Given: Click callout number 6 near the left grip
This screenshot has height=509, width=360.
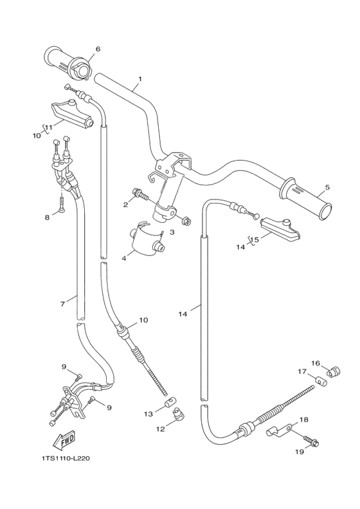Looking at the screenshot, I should click(98, 49).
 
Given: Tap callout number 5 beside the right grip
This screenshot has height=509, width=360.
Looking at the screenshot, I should click(327, 187).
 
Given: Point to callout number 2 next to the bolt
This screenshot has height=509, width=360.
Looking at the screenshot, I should click(126, 205).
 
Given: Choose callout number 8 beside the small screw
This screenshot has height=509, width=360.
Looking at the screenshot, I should click(47, 217).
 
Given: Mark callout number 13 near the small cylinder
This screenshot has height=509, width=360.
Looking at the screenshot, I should click(148, 414).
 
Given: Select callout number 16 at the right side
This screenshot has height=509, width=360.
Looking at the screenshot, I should click(316, 363).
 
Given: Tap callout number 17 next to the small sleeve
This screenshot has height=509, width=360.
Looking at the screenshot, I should click(302, 371).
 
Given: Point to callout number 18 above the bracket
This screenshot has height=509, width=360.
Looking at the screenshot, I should click(304, 419).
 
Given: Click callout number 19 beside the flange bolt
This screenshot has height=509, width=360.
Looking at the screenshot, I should click(299, 452).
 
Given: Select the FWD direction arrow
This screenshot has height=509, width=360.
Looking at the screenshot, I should click(65, 441).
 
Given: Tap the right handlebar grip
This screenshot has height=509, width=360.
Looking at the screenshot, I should click(305, 199).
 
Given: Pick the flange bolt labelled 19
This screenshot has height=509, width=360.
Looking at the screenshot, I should click(314, 443).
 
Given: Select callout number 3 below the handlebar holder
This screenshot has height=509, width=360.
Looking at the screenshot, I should click(172, 232).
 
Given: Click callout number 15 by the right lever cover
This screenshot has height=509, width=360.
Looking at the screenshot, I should click(255, 239).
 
